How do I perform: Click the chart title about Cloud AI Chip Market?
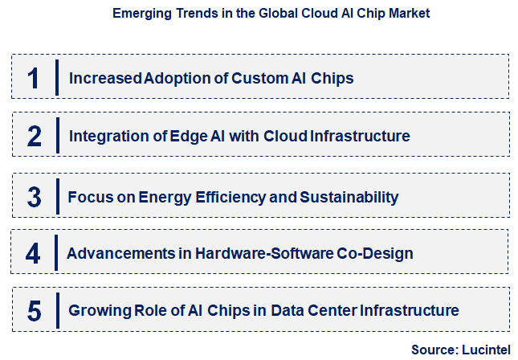[x=259, y=14]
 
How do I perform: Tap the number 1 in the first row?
[x=33, y=78]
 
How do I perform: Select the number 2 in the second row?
[x=34, y=137]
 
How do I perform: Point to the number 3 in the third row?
[x=34, y=197]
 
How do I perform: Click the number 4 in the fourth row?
[x=33, y=254]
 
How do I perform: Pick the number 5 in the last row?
[x=34, y=310]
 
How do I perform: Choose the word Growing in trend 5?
[x=96, y=310]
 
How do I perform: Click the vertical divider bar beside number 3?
[x=58, y=197]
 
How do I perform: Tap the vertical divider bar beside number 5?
[x=58, y=310]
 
